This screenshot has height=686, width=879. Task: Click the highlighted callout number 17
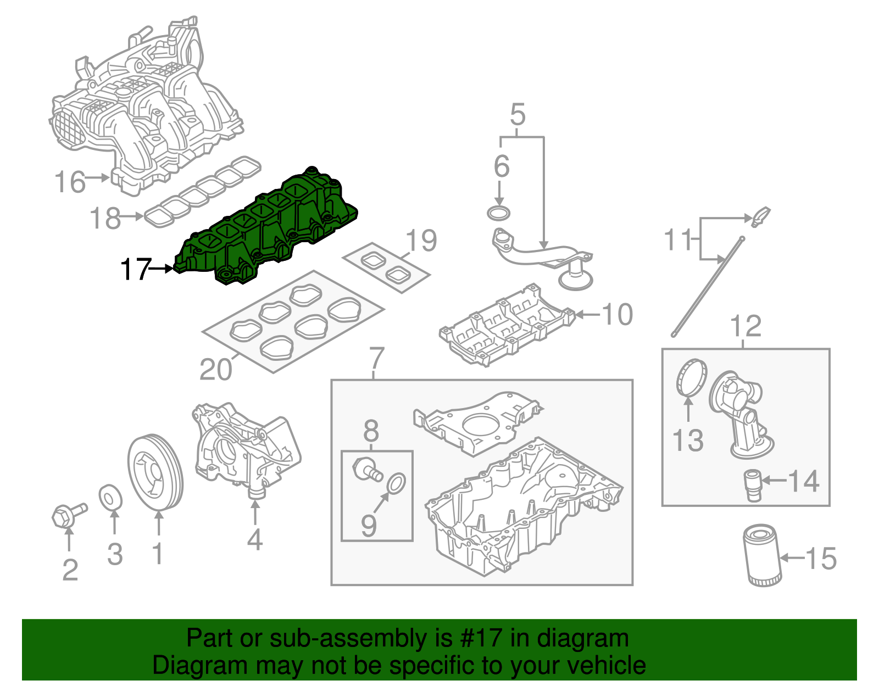(135, 269)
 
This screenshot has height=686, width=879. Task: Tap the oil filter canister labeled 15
(761, 555)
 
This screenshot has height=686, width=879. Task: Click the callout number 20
(215, 369)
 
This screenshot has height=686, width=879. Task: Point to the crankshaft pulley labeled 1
(155, 473)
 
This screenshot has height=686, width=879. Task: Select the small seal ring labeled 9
(396, 483)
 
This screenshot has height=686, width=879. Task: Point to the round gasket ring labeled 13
(690, 377)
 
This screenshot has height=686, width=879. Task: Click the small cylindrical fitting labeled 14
(753, 484)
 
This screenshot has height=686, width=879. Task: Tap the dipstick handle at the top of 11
(761, 216)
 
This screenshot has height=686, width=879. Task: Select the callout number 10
(617, 314)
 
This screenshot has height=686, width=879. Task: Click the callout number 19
(421, 241)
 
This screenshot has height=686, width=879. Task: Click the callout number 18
(105, 218)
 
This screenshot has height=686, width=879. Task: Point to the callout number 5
(518, 114)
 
